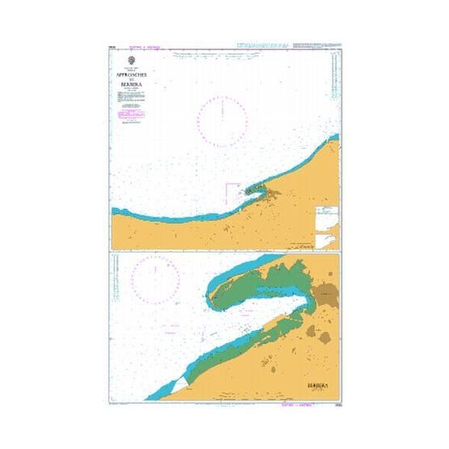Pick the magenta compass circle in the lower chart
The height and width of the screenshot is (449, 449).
coord(157,277)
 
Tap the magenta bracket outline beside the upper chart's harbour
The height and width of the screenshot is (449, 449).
coord(231,192)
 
